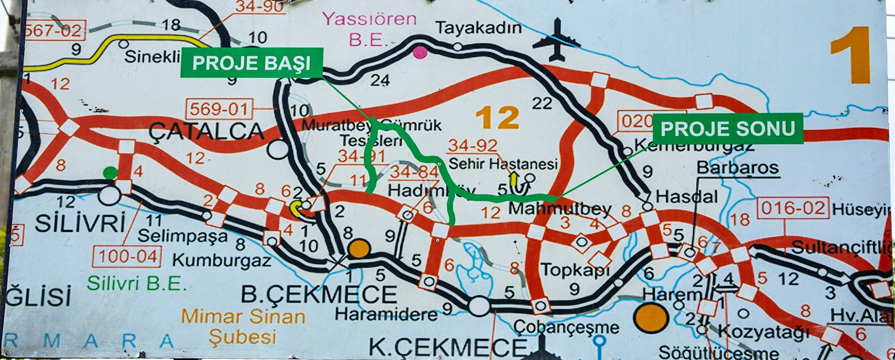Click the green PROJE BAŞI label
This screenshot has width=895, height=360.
tap(251, 63)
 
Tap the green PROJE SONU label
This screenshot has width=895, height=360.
tap(728, 129)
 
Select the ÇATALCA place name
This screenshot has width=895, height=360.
tap(206, 132)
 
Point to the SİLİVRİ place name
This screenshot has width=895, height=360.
tap(80, 223)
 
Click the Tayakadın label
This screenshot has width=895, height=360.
tap(478, 28)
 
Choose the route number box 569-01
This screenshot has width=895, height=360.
tap(219, 109)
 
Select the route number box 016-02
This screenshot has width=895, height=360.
tap(793, 208)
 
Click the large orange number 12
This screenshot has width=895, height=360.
tap(497, 118)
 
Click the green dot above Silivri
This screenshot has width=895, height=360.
tap(110, 173)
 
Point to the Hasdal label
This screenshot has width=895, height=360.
tap(686, 197)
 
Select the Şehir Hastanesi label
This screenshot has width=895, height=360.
tap(503, 164)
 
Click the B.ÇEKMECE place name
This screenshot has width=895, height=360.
tap(319, 295)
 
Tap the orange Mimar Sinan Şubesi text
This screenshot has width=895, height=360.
tap(243, 326)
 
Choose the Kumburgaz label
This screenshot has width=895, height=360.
tap(221, 260)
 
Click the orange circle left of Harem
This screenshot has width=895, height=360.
tap(651, 318)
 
